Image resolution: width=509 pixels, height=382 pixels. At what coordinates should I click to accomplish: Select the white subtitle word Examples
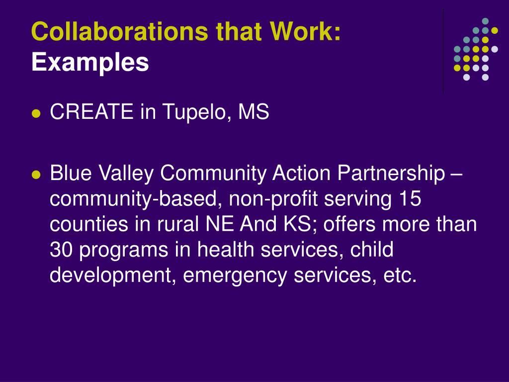(x=90, y=63)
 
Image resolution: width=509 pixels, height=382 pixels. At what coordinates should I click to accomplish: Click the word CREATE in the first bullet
(x=91, y=111)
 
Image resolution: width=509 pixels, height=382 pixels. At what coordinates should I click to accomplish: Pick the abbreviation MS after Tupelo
(x=254, y=111)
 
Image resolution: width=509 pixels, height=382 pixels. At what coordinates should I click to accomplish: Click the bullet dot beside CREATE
(x=36, y=114)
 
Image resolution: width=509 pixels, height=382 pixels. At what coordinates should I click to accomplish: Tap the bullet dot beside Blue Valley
(x=36, y=175)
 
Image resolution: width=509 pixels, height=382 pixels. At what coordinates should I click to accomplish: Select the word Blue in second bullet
(x=71, y=173)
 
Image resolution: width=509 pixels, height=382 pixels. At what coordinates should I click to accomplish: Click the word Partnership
(x=391, y=174)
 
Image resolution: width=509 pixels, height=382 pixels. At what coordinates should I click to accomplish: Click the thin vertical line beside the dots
(x=443, y=51)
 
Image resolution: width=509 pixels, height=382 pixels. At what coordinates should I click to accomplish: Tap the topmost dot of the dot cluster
(x=485, y=21)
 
